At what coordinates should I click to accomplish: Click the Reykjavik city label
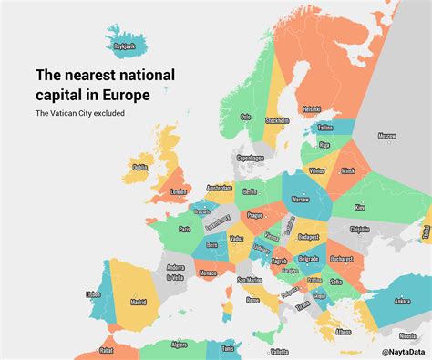[123, 45]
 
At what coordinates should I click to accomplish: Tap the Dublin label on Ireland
[139, 167]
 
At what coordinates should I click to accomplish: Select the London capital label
[179, 191]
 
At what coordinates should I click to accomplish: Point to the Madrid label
[139, 302]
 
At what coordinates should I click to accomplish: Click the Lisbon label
[93, 293]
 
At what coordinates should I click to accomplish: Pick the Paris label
[185, 229]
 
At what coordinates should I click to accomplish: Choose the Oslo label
[245, 116]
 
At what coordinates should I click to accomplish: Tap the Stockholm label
[277, 119]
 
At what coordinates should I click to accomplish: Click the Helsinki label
[312, 109]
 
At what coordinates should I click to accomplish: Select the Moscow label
[387, 136]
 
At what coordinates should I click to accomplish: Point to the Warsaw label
[300, 198]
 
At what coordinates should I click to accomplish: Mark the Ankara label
[402, 301]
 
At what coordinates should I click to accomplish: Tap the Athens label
[343, 332]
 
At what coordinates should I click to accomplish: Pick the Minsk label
[347, 170]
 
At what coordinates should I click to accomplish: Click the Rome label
[252, 300]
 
